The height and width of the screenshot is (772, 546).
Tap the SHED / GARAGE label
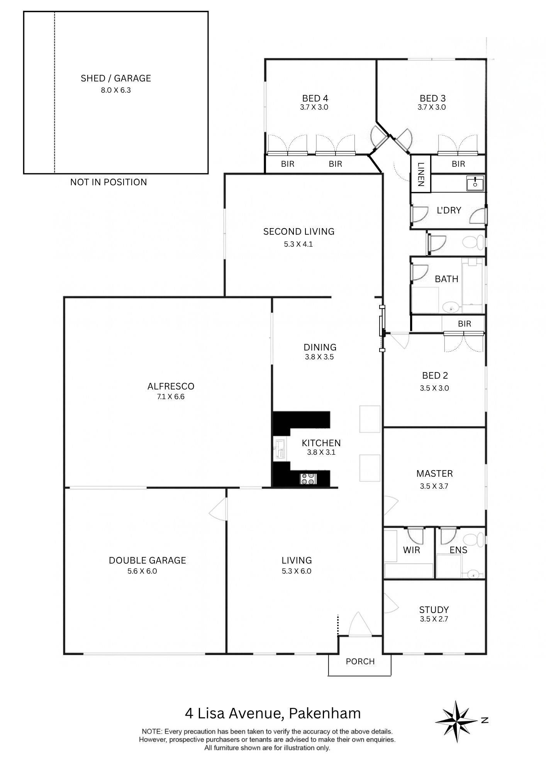pyautogui.click(x=115, y=78)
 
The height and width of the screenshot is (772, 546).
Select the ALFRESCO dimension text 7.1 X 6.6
pyautogui.click(x=171, y=396)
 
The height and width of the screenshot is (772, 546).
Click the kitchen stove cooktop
pyautogui.click(x=308, y=479)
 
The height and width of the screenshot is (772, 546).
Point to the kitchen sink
pyautogui.click(x=280, y=449)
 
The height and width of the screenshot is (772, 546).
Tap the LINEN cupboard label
pyautogui.click(x=421, y=174)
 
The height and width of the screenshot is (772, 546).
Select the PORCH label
pyautogui.click(x=360, y=661)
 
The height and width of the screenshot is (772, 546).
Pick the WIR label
pyautogui.click(x=411, y=550)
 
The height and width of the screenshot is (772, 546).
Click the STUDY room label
pyautogui.click(x=434, y=609)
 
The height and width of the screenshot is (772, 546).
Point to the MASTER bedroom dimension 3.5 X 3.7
pyautogui.click(x=434, y=486)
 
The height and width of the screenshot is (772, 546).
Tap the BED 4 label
pyautogui.click(x=315, y=98)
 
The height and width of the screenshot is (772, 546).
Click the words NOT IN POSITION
pyautogui.click(x=109, y=182)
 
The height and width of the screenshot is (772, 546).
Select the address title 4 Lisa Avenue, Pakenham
pyautogui.click(x=273, y=713)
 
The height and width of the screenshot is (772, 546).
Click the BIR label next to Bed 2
pyautogui.click(x=464, y=323)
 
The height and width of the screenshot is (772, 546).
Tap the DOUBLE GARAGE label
pyautogui.click(x=147, y=560)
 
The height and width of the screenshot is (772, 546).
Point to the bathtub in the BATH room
pyautogui.click(x=473, y=286)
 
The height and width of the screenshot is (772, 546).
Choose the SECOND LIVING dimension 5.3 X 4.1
pyautogui.click(x=298, y=244)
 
